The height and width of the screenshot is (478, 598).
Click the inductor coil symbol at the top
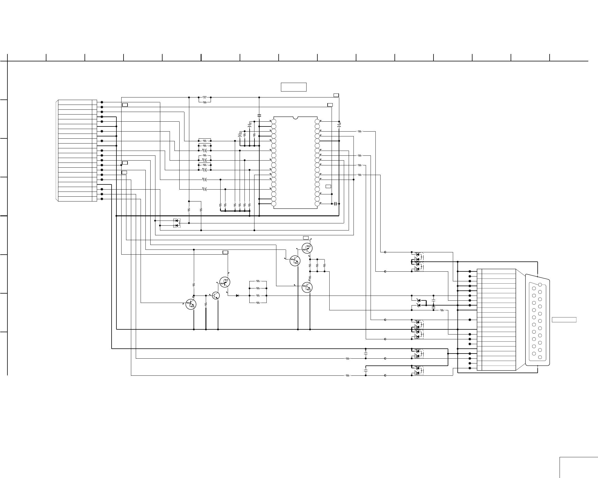204,97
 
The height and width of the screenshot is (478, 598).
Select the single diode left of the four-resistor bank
237,296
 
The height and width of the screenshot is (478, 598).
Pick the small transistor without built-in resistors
216,296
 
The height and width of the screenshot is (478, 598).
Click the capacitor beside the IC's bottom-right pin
336,204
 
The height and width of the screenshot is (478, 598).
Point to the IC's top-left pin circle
274,122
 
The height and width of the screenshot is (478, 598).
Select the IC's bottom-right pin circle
317,204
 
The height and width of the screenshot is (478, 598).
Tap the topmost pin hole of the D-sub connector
540,285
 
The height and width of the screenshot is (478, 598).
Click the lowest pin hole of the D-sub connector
540,357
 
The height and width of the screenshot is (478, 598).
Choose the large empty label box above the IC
293,87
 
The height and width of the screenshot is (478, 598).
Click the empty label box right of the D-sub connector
564,320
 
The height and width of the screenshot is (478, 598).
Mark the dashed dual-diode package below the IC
177,223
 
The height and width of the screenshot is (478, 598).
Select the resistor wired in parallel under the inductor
204,102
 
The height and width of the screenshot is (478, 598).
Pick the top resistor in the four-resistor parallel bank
258,281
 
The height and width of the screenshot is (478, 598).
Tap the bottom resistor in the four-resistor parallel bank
258,303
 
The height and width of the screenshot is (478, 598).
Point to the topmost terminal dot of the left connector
102,102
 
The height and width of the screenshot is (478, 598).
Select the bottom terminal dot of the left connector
102,199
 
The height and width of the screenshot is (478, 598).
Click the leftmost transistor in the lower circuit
191,304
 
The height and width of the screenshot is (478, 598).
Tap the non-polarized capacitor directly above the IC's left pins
259,115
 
